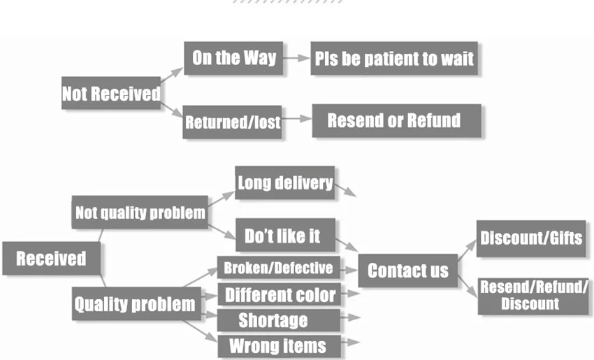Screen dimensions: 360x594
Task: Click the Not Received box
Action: (111, 94)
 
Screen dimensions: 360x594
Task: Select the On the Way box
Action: (233, 58)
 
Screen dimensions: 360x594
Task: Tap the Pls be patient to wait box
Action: (393, 58)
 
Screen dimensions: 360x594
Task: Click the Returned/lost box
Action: (232, 122)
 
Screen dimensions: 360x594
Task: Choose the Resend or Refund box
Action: (396, 120)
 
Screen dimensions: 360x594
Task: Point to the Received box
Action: (51, 258)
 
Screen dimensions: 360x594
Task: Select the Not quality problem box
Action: (140, 212)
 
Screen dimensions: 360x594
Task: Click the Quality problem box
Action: (134, 304)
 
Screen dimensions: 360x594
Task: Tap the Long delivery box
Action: (284, 183)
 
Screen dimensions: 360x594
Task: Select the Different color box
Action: (280, 294)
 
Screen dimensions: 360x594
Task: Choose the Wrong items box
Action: (277, 345)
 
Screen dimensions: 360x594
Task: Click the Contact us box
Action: (407, 271)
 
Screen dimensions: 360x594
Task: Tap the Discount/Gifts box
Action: (531, 238)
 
